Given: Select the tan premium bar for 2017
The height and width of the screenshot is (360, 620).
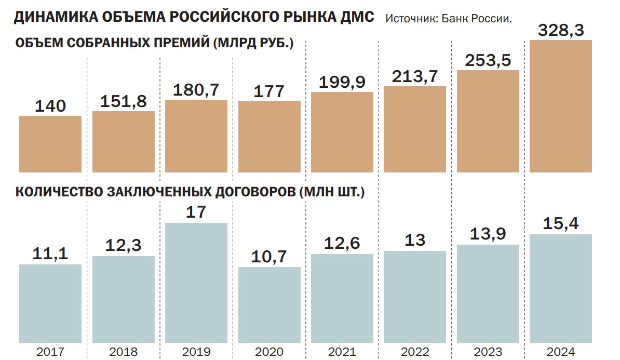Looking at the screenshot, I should click(50, 144).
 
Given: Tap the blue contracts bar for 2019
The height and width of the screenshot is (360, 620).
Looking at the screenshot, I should click(196, 283).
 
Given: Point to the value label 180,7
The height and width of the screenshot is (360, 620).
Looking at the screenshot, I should click(196, 90).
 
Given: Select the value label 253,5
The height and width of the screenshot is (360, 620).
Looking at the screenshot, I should click(488, 61).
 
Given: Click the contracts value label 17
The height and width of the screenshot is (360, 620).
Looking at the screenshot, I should click(196, 212).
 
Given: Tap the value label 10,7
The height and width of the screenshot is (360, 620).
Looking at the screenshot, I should click(269, 257).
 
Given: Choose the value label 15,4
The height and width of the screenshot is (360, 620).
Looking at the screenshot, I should click(561, 224).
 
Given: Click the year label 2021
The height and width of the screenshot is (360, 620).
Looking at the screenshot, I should click(342, 352).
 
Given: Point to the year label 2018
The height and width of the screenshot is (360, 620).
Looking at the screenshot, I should click(124, 352).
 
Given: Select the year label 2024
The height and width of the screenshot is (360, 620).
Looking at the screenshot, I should click(561, 352).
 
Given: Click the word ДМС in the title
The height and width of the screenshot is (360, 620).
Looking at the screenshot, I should click(356, 17).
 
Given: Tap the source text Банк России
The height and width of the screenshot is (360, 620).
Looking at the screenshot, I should click(486, 19).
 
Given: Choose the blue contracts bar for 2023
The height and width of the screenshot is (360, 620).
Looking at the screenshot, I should click(488, 294).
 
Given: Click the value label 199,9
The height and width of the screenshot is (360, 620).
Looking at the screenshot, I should click(342, 82).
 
